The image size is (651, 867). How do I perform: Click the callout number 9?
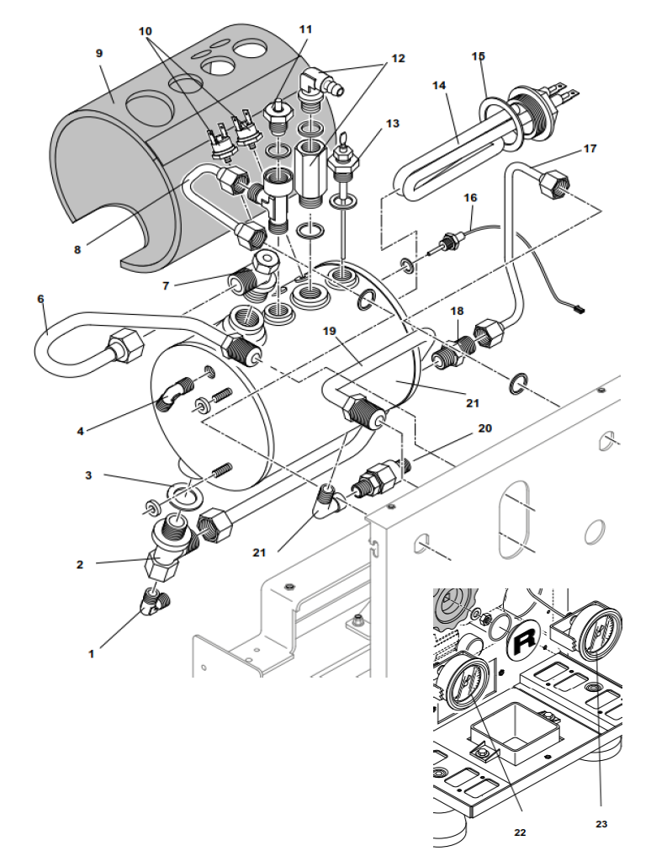click(99, 54)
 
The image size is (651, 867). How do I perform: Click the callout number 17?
click(590, 150)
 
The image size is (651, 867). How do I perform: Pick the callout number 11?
click(305, 29)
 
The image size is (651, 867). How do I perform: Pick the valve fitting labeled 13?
click(344, 165)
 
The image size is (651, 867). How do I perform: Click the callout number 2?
click(80, 565)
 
